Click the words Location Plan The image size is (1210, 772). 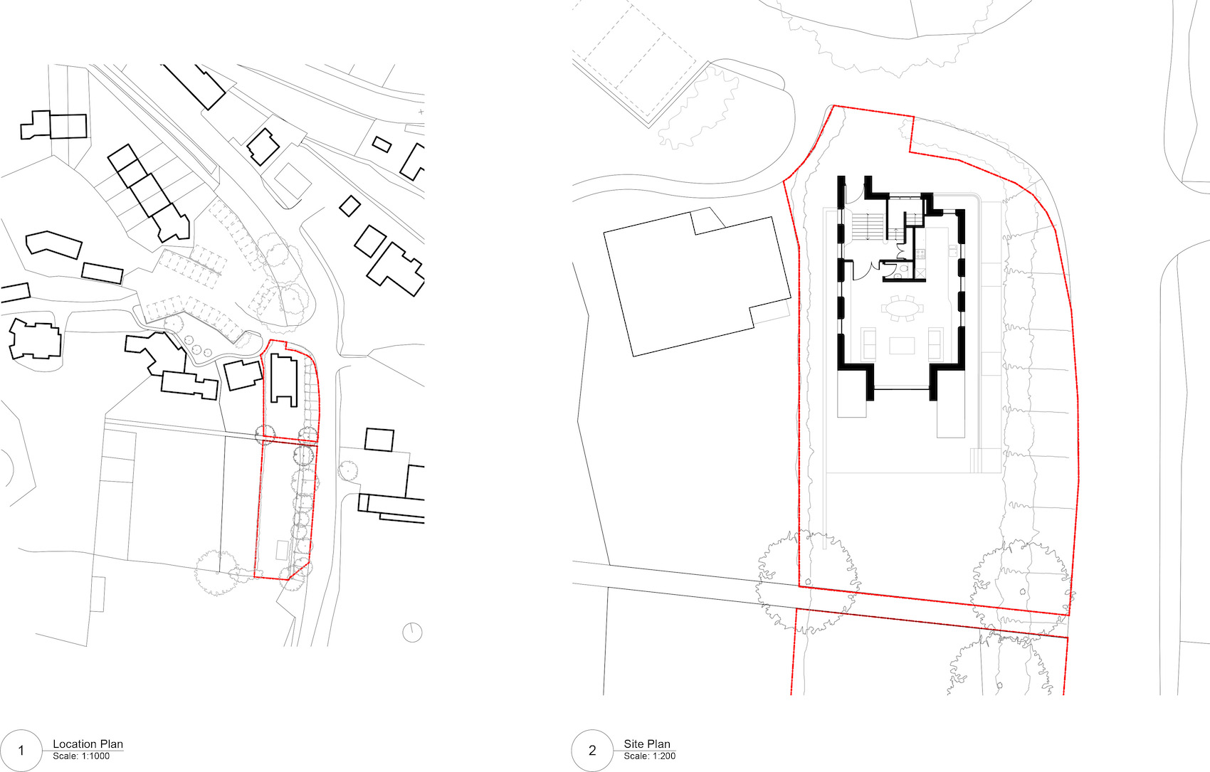click(x=88, y=744)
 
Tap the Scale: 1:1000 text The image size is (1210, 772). click(x=81, y=756)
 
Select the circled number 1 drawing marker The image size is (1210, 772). click(x=21, y=751)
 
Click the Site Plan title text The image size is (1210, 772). click(x=646, y=744)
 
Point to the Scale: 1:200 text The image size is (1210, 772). click(x=649, y=756)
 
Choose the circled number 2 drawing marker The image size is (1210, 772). click(x=592, y=751)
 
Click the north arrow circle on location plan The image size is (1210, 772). click(x=412, y=632)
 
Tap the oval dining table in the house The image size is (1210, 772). click(x=902, y=308)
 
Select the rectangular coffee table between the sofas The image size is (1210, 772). click(x=902, y=346)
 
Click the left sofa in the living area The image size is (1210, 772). click(x=868, y=344)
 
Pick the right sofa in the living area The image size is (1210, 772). click(x=935, y=344)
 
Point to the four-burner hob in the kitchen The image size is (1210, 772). click(x=920, y=253)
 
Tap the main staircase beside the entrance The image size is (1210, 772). click(x=868, y=227)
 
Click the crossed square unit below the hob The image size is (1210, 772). click(x=920, y=272)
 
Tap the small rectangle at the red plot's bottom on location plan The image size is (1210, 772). click(x=282, y=550)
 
